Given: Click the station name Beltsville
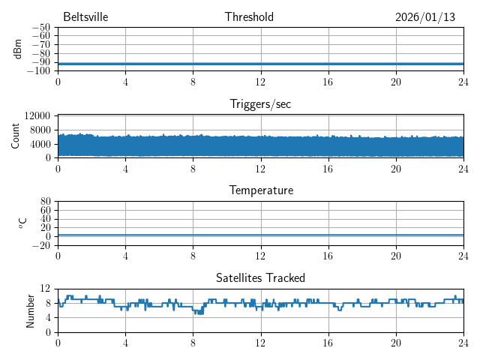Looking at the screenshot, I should pyautogui.click(x=86, y=17).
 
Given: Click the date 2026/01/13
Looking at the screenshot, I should pyautogui.click(x=425, y=17).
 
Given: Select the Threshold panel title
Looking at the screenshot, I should pyautogui.click(x=249, y=17).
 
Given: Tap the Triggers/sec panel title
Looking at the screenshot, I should pyautogui.click(x=260, y=104).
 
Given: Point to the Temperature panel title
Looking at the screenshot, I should pyautogui.click(x=260, y=190).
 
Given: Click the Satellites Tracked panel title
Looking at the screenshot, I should pyautogui.click(x=260, y=277).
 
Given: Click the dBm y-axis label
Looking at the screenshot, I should pyautogui.click(x=18, y=49).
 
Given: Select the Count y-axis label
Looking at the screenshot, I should pyautogui.click(x=16, y=136).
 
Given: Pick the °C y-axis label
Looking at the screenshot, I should pyautogui.click(x=22, y=223).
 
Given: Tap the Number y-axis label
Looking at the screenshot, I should pyautogui.click(x=31, y=310).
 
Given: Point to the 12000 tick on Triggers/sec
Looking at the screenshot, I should pyautogui.click(x=37, y=115).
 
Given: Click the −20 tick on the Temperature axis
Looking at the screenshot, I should pyautogui.click(x=41, y=245).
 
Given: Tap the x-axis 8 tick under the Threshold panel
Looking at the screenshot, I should pyautogui.click(x=193, y=82).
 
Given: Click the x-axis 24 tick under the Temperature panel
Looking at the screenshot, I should pyautogui.click(x=463, y=256).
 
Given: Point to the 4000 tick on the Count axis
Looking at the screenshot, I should pyautogui.click(x=40, y=144).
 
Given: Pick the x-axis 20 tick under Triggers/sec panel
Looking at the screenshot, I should pyautogui.click(x=395, y=169).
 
